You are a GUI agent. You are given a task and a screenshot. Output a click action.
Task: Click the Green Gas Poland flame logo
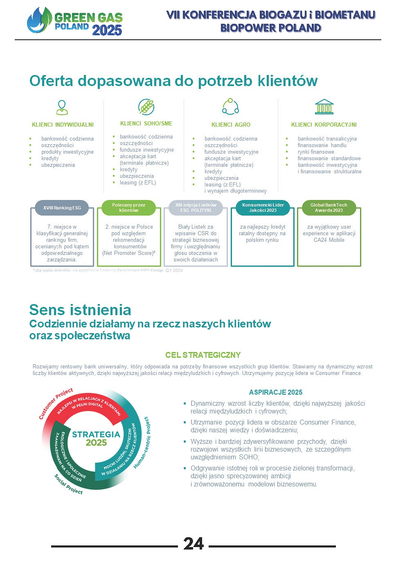click(x=39, y=20)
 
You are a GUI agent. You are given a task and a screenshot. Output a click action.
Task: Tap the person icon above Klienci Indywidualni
click(x=62, y=107)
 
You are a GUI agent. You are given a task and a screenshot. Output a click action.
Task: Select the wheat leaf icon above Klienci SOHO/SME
click(x=146, y=107)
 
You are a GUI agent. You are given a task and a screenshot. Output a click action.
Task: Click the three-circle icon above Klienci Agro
click(x=230, y=107)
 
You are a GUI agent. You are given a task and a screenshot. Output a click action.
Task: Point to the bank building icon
click(x=324, y=107)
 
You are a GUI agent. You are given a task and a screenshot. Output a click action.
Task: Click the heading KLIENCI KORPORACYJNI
click(x=324, y=125)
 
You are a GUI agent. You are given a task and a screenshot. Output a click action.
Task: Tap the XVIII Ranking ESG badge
click(x=62, y=208)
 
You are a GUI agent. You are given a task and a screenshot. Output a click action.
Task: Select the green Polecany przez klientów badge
click(x=128, y=208)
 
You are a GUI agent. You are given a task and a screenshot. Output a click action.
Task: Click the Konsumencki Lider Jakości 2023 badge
click(x=263, y=208)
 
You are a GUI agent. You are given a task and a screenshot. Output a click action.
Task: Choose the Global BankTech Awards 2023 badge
click(x=328, y=208)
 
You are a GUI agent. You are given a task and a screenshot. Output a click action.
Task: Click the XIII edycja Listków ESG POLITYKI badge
click(x=196, y=208)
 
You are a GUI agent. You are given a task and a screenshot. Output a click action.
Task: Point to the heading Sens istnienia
click(x=80, y=310)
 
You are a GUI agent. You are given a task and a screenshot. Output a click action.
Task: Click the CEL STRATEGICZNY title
click(x=203, y=355)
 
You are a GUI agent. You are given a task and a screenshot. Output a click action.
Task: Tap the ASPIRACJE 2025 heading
click(x=276, y=392)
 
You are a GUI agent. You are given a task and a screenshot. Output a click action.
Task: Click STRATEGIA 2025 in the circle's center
click(x=96, y=438)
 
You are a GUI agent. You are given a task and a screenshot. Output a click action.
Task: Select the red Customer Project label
click(x=56, y=403)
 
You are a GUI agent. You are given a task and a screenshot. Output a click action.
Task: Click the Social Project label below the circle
click(x=69, y=484)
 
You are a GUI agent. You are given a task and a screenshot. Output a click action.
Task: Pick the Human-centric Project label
click(x=142, y=443)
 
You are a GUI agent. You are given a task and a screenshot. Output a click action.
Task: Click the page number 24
click(x=193, y=544)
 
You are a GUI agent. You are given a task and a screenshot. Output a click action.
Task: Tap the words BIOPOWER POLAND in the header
click(x=271, y=28)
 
